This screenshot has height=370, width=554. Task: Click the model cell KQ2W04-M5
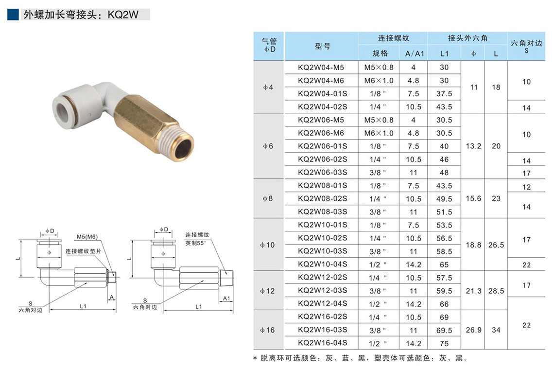pos(321,68)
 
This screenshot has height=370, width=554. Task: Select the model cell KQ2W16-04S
pos(323,343)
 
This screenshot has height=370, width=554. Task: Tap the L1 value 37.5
pos(444,94)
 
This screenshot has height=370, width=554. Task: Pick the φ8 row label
pos(268,198)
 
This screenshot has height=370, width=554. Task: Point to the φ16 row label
pos(267,330)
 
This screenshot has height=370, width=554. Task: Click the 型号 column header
pos(323,46)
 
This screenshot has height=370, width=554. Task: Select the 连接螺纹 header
pos(393,38)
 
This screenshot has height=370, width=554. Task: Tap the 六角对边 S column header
pos(526,46)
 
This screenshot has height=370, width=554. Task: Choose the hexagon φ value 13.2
pos(473,146)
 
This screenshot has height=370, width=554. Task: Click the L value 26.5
pos(496,245)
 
